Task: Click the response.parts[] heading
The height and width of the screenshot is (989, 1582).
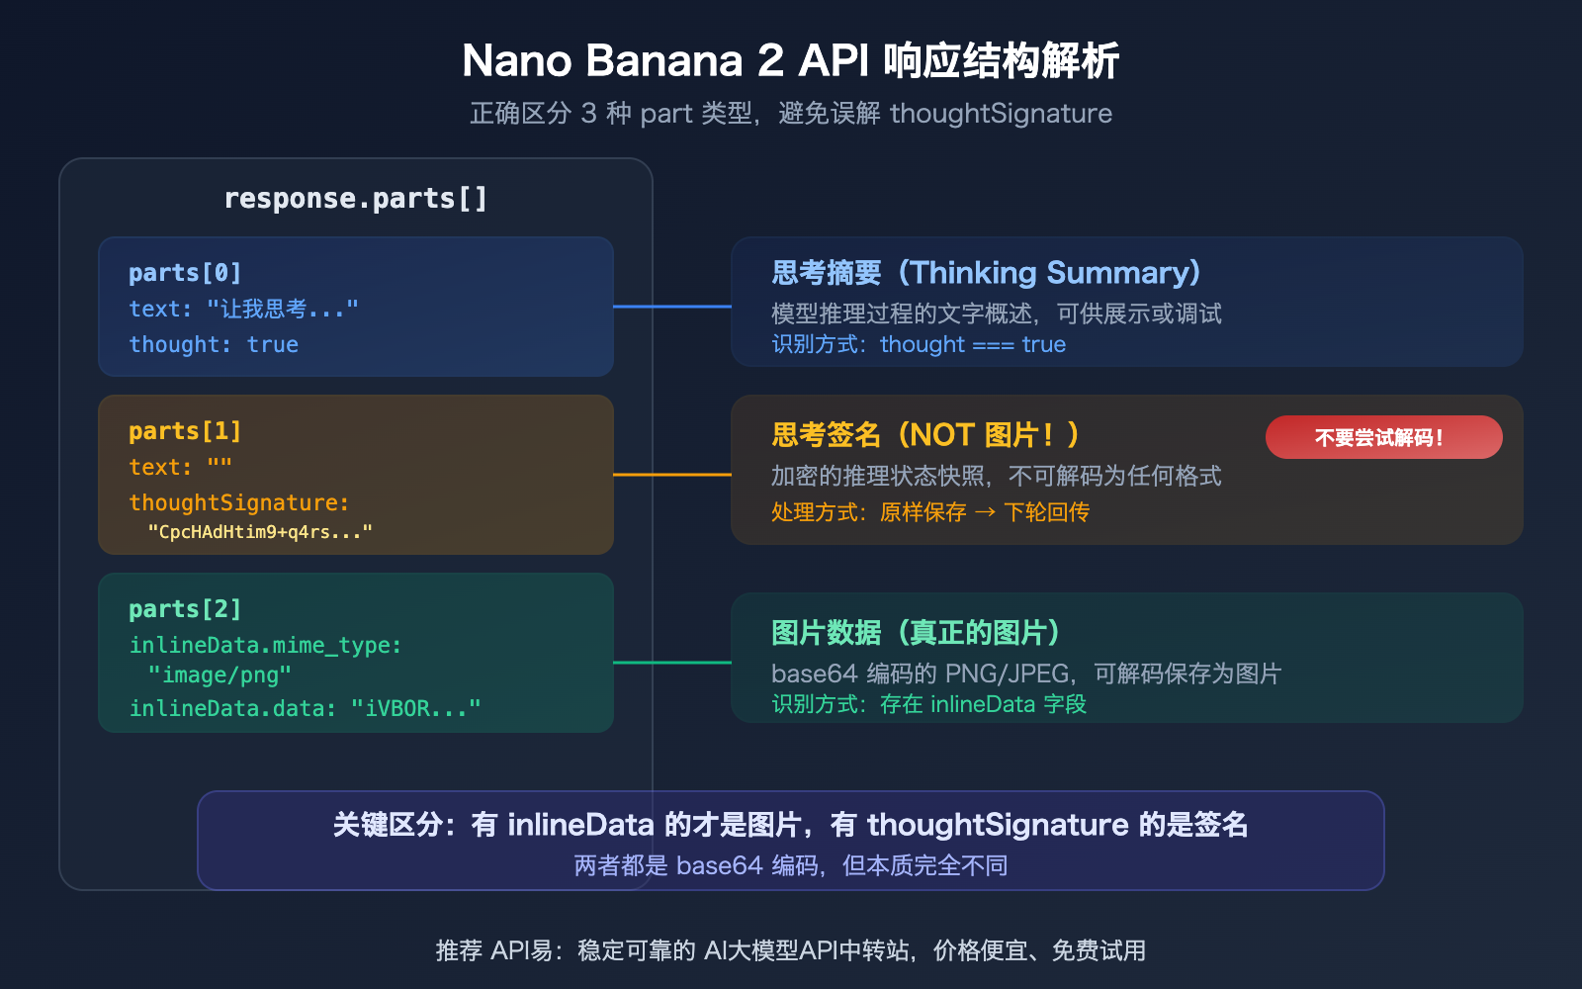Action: click(355, 199)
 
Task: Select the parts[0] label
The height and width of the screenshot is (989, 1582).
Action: click(185, 273)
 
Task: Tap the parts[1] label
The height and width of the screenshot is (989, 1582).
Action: click(185, 431)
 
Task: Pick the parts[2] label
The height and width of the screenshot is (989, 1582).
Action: click(185, 609)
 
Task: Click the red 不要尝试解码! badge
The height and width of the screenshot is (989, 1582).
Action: click(1383, 437)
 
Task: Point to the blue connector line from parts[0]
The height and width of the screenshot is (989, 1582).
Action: click(672, 307)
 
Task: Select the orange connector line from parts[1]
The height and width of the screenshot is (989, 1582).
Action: click(672, 475)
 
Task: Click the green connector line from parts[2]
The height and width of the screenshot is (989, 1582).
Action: click(672, 663)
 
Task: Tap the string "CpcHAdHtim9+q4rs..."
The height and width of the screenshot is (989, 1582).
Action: click(260, 532)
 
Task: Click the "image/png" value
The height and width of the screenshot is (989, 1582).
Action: click(220, 675)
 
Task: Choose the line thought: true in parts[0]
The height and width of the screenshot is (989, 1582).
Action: click(214, 344)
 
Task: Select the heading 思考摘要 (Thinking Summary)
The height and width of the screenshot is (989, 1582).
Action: click(986, 273)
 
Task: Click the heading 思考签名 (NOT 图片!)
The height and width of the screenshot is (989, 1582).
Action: click(925, 435)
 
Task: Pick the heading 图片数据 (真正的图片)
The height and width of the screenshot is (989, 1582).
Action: click(916, 633)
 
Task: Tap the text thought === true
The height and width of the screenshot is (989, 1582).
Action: click(973, 344)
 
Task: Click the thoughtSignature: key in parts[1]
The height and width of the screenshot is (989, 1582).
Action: click(238, 502)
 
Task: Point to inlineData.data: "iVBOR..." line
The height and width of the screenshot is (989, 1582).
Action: click(305, 708)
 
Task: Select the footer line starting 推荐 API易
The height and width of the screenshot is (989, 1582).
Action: click(790, 950)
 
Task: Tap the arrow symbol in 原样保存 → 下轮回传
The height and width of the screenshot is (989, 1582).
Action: click(985, 512)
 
